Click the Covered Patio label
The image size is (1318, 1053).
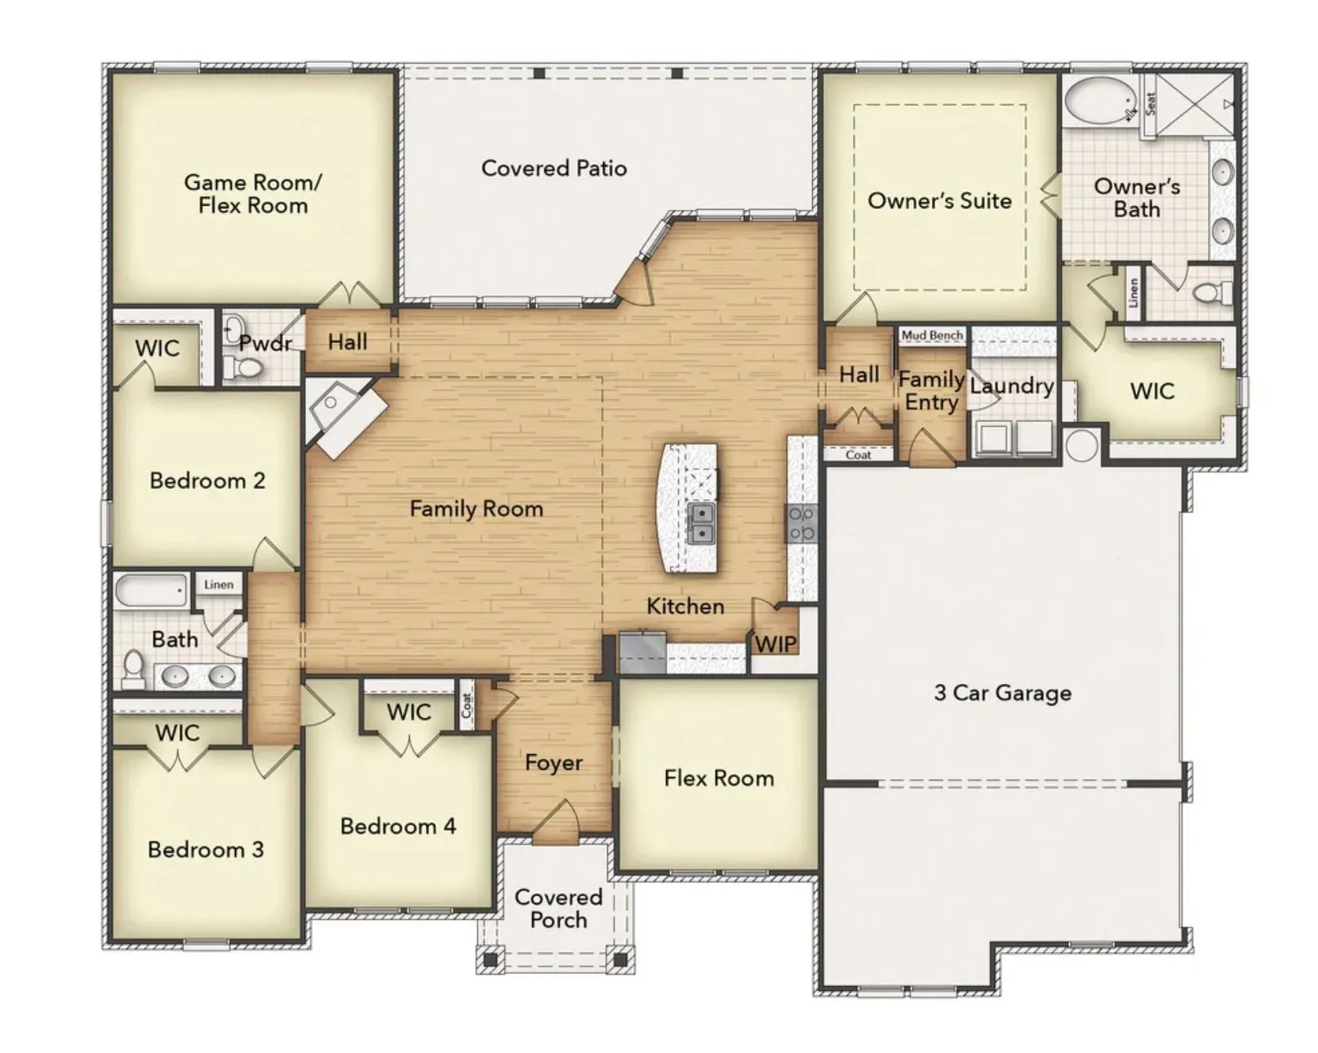554,168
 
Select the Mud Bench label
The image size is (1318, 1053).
932,335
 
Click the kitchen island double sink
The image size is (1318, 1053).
701,523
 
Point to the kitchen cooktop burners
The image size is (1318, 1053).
801,524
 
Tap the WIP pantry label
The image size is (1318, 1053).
775,643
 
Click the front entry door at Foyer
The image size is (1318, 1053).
557,821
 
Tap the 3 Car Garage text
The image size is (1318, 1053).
1002,693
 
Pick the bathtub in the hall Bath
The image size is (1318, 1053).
152,590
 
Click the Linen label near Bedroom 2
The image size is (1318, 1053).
219,584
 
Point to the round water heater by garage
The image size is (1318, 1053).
1082,446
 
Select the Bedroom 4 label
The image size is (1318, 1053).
397,826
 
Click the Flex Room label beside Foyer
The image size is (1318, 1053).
718,778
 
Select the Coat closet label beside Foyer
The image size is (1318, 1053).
467,705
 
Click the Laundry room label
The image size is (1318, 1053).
1012,386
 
